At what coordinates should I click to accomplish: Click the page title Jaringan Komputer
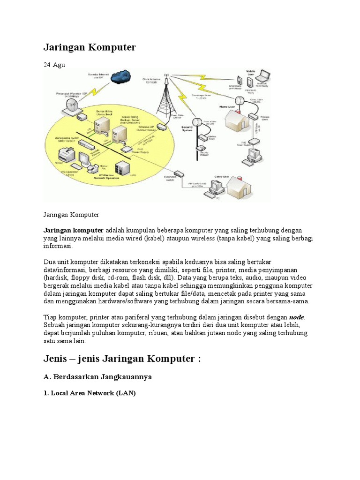click(x=90, y=47)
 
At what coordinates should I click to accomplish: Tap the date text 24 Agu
click(x=54, y=65)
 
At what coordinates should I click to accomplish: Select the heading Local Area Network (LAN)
click(x=90, y=393)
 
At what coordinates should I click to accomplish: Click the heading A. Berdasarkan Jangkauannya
click(x=97, y=377)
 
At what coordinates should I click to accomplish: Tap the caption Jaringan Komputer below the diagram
click(x=71, y=215)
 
